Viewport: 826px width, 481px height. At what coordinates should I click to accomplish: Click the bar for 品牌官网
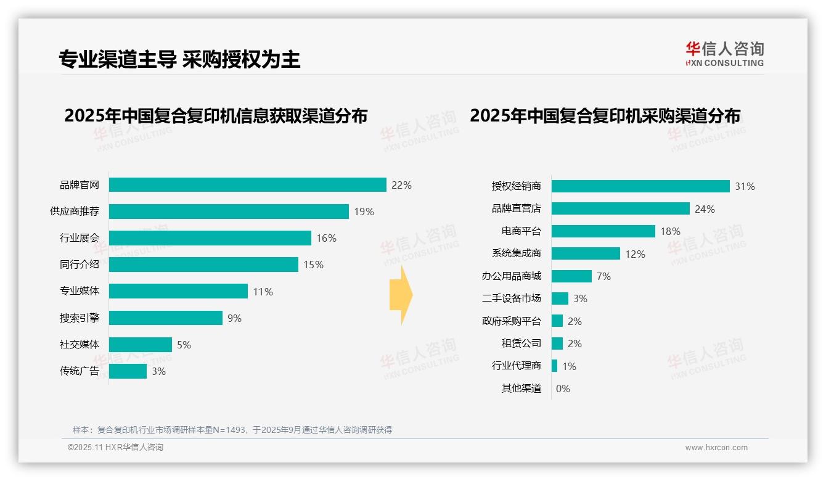coord(247,185)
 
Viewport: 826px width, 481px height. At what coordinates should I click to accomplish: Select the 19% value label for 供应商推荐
coord(364,212)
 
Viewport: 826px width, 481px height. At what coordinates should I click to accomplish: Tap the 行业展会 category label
coord(80,238)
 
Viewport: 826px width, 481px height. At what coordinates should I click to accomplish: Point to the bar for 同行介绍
coord(203,265)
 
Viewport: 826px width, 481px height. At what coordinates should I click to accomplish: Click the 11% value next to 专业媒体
coord(263,292)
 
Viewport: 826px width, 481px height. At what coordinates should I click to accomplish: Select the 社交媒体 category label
coord(80,345)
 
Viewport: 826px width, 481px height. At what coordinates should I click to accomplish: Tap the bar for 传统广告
coord(128,371)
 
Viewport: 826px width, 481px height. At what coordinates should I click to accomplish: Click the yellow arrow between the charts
coord(401,295)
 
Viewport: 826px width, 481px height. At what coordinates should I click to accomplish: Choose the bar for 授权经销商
coord(640,186)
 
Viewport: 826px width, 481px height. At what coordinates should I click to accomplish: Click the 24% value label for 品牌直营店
coord(705,209)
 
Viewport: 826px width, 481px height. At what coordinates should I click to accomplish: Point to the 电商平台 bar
coord(603,231)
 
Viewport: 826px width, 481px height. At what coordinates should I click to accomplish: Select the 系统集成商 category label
coord(517,253)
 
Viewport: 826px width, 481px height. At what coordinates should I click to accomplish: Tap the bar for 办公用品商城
coord(571,276)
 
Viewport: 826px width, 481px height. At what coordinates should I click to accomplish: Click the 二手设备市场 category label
coord(512,298)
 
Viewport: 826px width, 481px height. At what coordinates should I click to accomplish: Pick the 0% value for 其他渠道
coord(563,388)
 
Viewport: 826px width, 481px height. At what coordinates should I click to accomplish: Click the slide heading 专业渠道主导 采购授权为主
coord(179,59)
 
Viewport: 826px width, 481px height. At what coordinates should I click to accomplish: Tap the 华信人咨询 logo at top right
coord(724,54)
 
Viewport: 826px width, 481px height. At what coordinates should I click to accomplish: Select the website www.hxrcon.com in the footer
coord(716,448)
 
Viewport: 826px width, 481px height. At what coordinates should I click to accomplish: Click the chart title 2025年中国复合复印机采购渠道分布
coord(605,116)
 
